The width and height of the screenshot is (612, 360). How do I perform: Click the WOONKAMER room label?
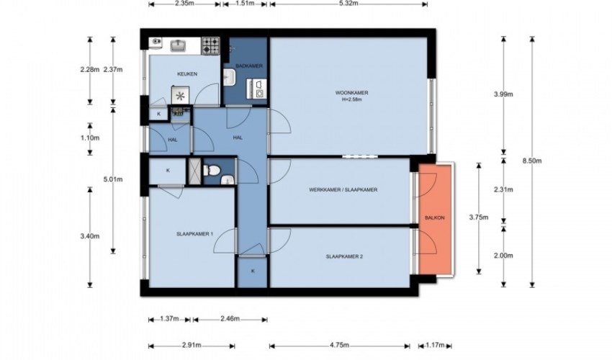point(351,93)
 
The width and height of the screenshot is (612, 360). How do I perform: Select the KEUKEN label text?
point(187,73)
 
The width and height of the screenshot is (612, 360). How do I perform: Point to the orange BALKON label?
point(434,218)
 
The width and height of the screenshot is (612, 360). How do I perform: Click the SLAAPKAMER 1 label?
point(194,234)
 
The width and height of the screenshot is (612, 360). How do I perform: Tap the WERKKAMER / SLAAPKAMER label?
point(343,190)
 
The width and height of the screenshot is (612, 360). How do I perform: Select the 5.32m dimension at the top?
point(348,4)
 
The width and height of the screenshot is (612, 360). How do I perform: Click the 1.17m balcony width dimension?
point(435,345)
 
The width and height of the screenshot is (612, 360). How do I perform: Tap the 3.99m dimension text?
point(503,94)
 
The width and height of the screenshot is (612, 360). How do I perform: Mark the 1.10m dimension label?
point(90,138)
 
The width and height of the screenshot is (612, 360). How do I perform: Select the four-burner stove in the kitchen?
point(210,45)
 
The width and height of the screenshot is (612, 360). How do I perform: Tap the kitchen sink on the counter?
point(179,45)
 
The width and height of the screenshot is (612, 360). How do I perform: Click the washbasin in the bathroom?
point(230,77)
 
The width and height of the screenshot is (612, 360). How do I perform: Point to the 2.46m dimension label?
point(230,319)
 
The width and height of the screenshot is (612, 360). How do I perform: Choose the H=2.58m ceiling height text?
point(351,99)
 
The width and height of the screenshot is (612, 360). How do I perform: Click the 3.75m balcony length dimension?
point(479,218)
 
